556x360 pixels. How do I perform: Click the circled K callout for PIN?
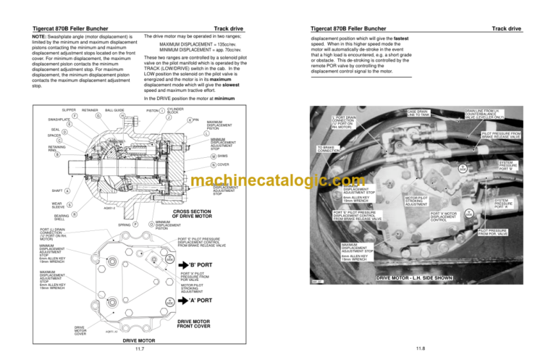[x=190, y=120]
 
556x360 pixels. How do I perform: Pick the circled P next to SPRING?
[x=135, y=225]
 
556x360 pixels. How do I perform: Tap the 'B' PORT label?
[x=200, y=264]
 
